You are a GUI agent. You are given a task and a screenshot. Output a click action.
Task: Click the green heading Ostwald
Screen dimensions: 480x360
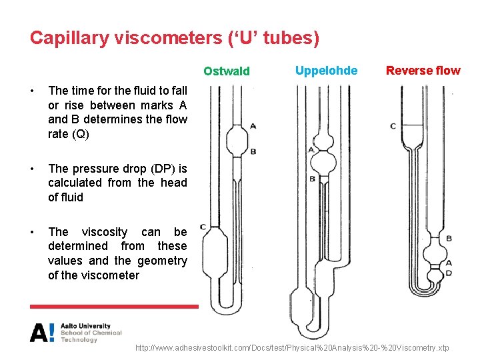tap(227, 71)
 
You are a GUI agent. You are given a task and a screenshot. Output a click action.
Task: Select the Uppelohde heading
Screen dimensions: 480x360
tap(326, 70)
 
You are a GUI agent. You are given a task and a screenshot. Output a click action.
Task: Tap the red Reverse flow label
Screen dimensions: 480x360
tap(423, 71)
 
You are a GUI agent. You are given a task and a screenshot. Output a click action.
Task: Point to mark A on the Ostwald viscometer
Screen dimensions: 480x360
tap(253, 125)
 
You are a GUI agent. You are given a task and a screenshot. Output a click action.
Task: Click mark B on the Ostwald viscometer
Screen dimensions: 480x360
tap(253, 152)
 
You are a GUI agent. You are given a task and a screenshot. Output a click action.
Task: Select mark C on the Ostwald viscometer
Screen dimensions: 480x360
tap(202, 227)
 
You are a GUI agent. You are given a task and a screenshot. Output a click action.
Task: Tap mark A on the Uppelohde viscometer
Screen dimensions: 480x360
tap(311, 150)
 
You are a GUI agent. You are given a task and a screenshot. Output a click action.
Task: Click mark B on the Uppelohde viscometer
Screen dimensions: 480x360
tap(312, 179)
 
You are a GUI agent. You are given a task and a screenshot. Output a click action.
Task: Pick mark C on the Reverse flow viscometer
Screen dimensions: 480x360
tap(393, 126)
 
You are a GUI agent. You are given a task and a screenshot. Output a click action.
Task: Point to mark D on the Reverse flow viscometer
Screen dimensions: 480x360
tap(449, 273)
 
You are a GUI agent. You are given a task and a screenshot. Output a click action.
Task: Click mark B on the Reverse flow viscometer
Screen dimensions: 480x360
tap(449, 238)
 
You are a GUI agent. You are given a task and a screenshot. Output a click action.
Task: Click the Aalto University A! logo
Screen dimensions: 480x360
tap(42, 332)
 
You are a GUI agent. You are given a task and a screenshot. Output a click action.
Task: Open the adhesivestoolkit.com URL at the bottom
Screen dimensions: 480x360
tap(292, 348)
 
